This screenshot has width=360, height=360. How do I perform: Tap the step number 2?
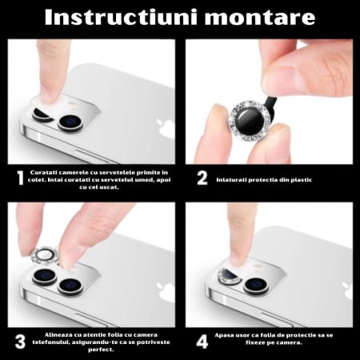pyautogui.click(x=202, y=178)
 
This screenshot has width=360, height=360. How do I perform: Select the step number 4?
pyautogui.click(x=202, y=341)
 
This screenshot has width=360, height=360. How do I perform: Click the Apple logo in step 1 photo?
pyautogui.click(x=165, y=128)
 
